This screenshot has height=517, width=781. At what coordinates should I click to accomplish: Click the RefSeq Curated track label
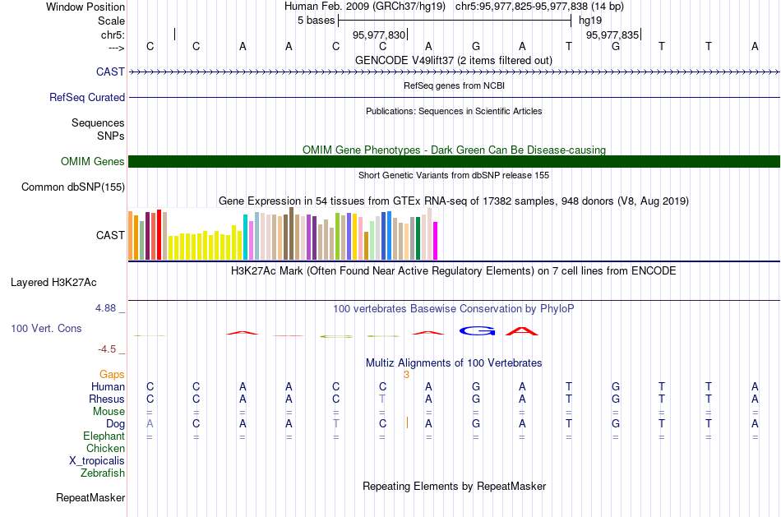pyautogui.click(x=87, y=97)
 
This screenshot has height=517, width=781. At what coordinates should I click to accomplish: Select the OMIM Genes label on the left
pyautogui.click(x=93, y=162)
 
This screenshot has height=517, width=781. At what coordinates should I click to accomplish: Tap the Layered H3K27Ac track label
pyautogui.click(x=53, y=283)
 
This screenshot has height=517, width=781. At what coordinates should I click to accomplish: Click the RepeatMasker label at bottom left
pyautogui.click(x=90, y=498)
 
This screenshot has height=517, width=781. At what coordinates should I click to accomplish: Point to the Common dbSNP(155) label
pyautogui.click(x=73, y=187)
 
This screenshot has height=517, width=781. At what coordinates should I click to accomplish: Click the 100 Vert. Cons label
pyautogui.click(x=46, y=328)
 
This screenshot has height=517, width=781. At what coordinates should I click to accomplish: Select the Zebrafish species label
pyautogui.click(x=103, y=473)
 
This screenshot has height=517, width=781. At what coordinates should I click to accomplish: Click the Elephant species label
pyautogui.click(x=104, y=436)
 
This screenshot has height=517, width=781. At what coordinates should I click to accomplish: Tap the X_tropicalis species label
pyautogui.click(x=97, y=461)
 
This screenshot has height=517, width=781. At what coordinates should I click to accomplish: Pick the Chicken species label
pyautogui.click(x=105, y=449)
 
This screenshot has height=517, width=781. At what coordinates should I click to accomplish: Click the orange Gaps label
pyautogui.click(x=112, y=374)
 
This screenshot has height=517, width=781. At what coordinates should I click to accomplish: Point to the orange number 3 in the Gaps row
pyautogui.click(x=406, y=375)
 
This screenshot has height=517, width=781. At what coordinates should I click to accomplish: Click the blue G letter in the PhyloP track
pyautogui.click(x=476, y=330)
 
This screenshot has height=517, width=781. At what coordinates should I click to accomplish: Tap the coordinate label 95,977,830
pyautogui.click(x=379, y=35)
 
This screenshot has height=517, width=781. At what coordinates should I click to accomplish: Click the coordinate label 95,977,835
pyautogui.click(x=612, y=35)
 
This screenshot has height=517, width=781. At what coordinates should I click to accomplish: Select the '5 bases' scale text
pyautogui.click(x=316, y=20)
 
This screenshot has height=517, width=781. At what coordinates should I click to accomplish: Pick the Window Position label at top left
pyautogui.click(x=85, y=7)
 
